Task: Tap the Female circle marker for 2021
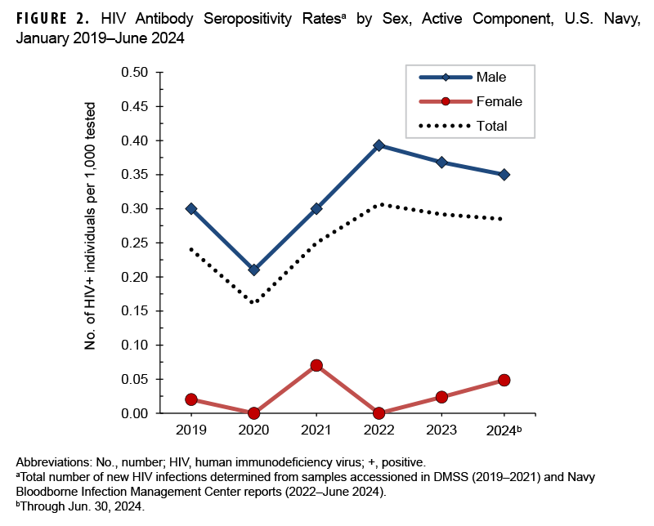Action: click(x=316, y=365)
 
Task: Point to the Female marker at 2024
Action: click(x=504, y=380)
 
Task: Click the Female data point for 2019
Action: click(x=191, y=399)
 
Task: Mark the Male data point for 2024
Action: click(x=504, y=174)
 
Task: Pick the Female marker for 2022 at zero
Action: click(x=379, y=413)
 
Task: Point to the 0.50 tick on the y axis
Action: click(x=135, y=73)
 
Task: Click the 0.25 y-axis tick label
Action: click(x=135, y=243)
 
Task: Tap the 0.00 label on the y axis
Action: click(x=135, y=413)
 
